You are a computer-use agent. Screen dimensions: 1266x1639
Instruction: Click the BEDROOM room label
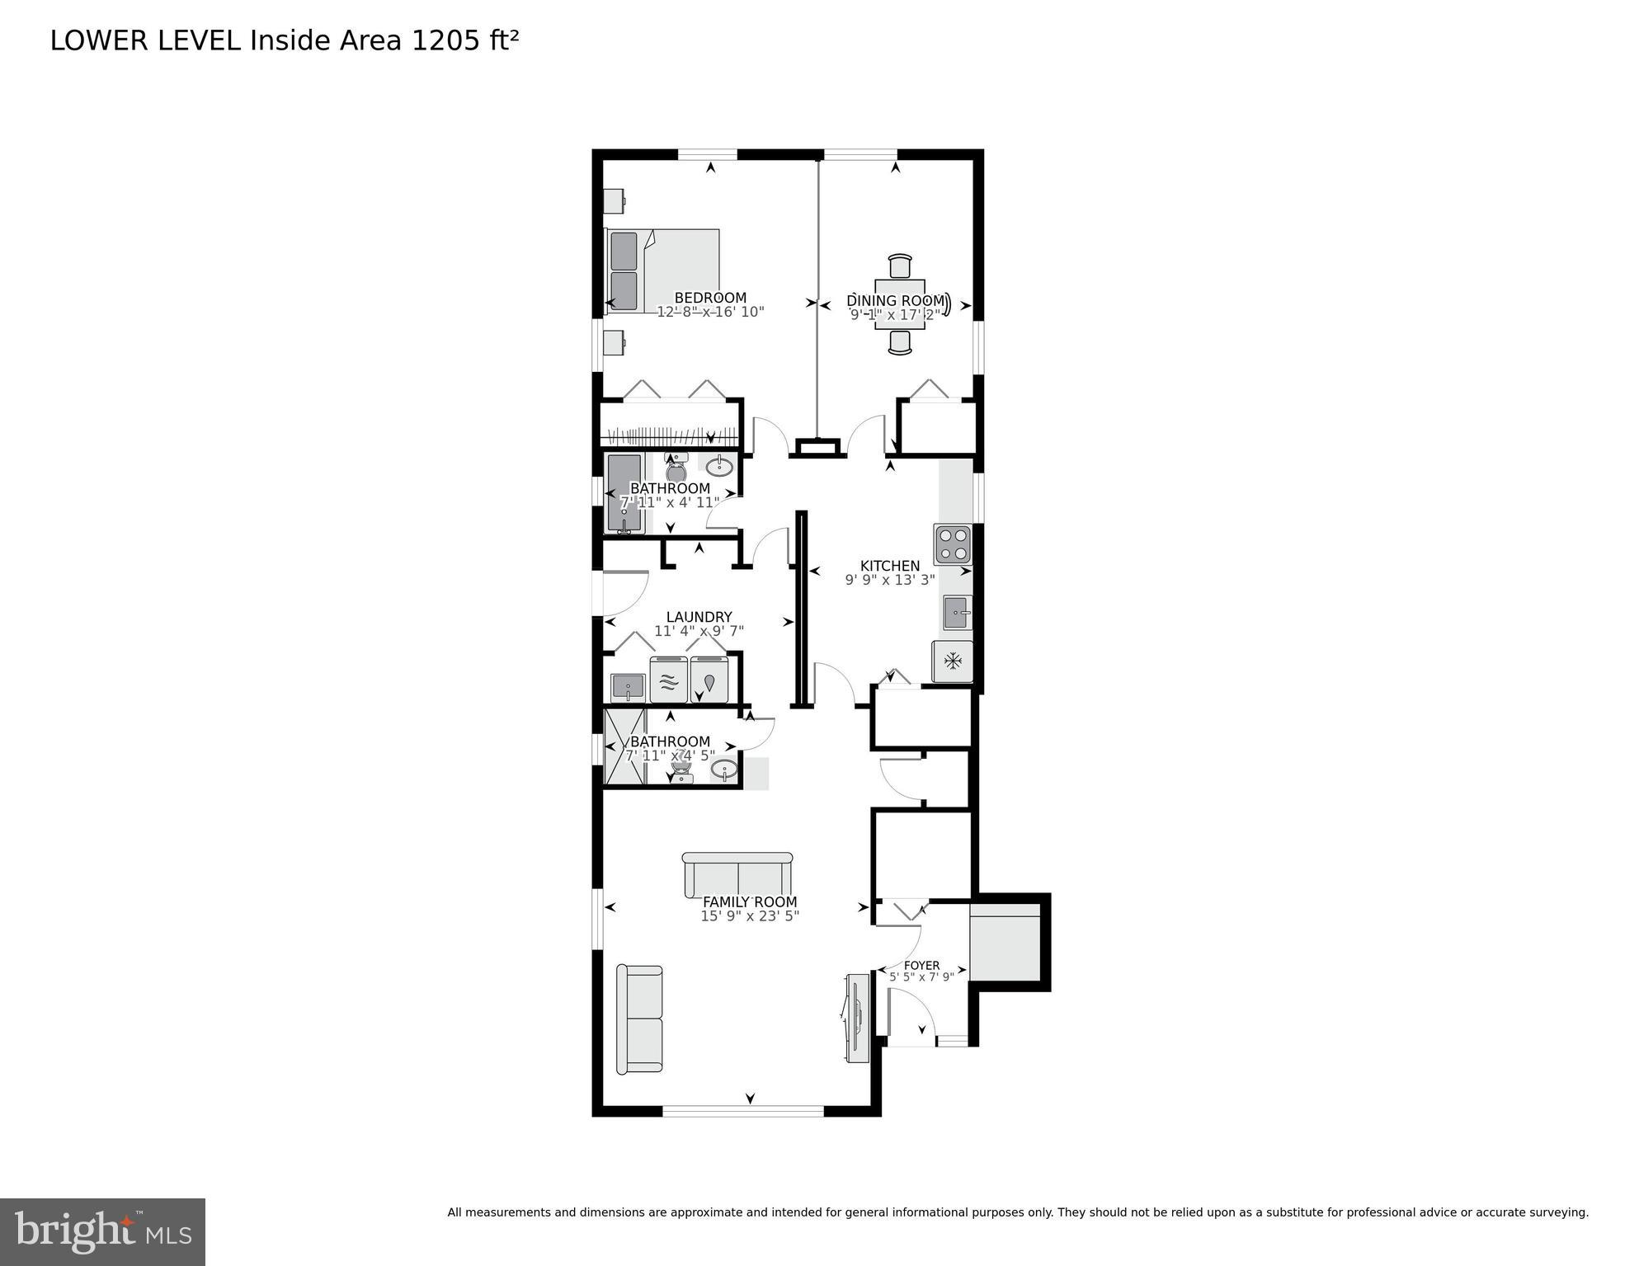click(709, 298)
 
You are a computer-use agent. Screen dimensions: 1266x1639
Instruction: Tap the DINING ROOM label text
click(895, 300)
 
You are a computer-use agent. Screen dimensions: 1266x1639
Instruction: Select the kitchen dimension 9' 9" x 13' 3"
click(889, 580)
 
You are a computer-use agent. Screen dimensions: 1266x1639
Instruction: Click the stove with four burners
click(953, 544)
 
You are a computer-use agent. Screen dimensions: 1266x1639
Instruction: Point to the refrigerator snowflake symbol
click(953, 661)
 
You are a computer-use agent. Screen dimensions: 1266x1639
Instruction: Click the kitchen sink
click(957, 613)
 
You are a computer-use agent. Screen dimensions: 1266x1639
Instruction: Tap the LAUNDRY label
click(699, 617)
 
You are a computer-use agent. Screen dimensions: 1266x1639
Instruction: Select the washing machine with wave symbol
click(669, 680)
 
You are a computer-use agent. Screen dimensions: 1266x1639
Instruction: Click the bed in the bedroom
click(662, 271)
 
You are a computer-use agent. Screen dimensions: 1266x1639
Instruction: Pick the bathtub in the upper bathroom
click(624, 492)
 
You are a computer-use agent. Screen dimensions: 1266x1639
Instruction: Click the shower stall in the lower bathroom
click(624, 746)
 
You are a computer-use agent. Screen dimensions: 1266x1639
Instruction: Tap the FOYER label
click(921, 965)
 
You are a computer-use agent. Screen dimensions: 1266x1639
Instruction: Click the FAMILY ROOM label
click(749, 902)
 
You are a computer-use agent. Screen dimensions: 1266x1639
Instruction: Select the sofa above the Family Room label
click(737, 874)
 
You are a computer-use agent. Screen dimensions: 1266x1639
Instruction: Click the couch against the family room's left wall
click(639, 1019)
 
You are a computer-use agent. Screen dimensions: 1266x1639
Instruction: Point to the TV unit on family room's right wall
click(857, 1019)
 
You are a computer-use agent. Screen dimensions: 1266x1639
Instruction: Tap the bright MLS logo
click(102, 1232)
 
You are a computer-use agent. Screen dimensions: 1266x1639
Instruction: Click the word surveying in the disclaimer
click(1558, 1212)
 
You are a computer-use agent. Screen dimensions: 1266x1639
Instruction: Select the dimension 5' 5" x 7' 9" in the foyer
click(921, 977)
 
